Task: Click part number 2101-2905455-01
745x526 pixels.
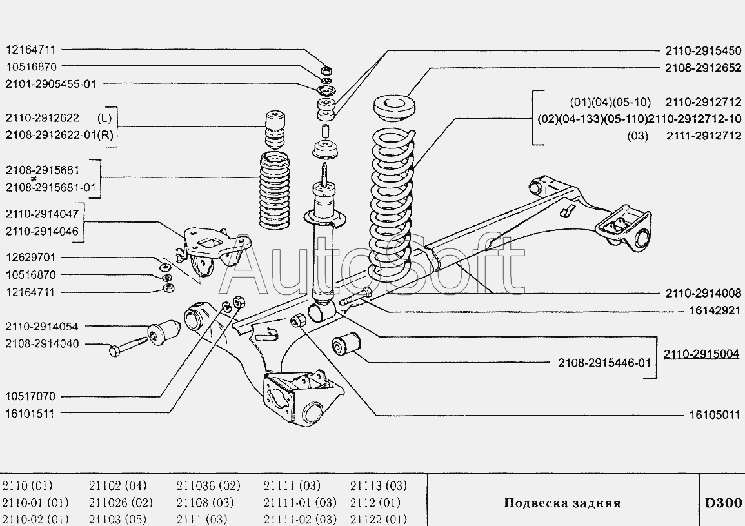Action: click(55, 83)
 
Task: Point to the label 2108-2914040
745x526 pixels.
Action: click(43, 344)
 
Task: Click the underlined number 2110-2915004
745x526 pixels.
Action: click(701, 354)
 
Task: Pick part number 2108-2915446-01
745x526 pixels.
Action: click(604, 363)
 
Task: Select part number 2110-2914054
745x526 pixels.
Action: click(43, 327)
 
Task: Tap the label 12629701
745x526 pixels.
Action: click(31, 258)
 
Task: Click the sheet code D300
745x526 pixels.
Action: click(722, 502)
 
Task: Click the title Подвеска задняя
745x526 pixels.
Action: click(562, 503)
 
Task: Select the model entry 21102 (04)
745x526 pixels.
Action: click(117, 485)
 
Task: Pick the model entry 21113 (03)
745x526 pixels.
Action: click(379, 485)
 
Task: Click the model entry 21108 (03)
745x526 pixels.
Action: click(205, 502)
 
